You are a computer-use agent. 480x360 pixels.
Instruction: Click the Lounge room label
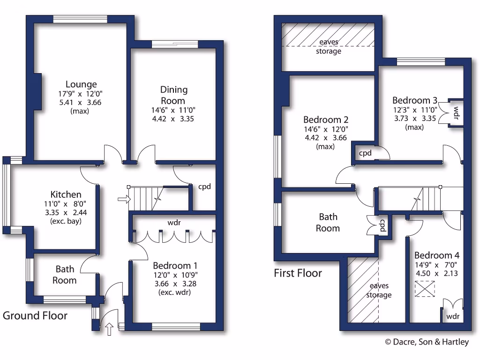click(x=81, y=84)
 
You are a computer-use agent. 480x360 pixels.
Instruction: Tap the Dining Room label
click(x=173, y=95)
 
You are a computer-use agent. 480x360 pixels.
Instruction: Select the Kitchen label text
click(x=66, y=194)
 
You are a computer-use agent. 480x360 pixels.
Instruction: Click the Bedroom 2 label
click(x=326, y=120)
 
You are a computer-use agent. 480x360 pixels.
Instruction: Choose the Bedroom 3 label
click(x=414, y=100)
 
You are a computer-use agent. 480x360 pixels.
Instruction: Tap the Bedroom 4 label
click(x=436, y=255)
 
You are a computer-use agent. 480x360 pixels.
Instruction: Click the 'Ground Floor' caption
click(x=35, y=315)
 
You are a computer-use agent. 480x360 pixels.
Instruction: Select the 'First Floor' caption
click(x=298, y=273)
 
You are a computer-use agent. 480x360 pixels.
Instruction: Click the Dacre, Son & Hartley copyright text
click(x=427, y=342)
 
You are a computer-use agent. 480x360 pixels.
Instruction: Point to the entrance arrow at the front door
click(x=110, y=329)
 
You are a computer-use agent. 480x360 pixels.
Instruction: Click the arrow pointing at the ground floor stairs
click(x=124, y=200)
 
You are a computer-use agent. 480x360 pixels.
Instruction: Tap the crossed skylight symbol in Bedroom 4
click(x=426, y=288)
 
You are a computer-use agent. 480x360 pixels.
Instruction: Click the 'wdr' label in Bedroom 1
click(x=174, y=222)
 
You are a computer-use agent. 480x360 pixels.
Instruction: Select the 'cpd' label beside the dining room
click(x=204, y=187)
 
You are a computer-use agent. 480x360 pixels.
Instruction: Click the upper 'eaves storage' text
click(x=328, y=46)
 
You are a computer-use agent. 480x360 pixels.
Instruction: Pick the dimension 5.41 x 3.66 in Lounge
click(x=81, y=103)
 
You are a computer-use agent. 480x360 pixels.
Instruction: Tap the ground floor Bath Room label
click(x=65, y=275)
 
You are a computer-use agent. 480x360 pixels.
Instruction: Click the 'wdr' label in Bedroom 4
click(x=453, y=316)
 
